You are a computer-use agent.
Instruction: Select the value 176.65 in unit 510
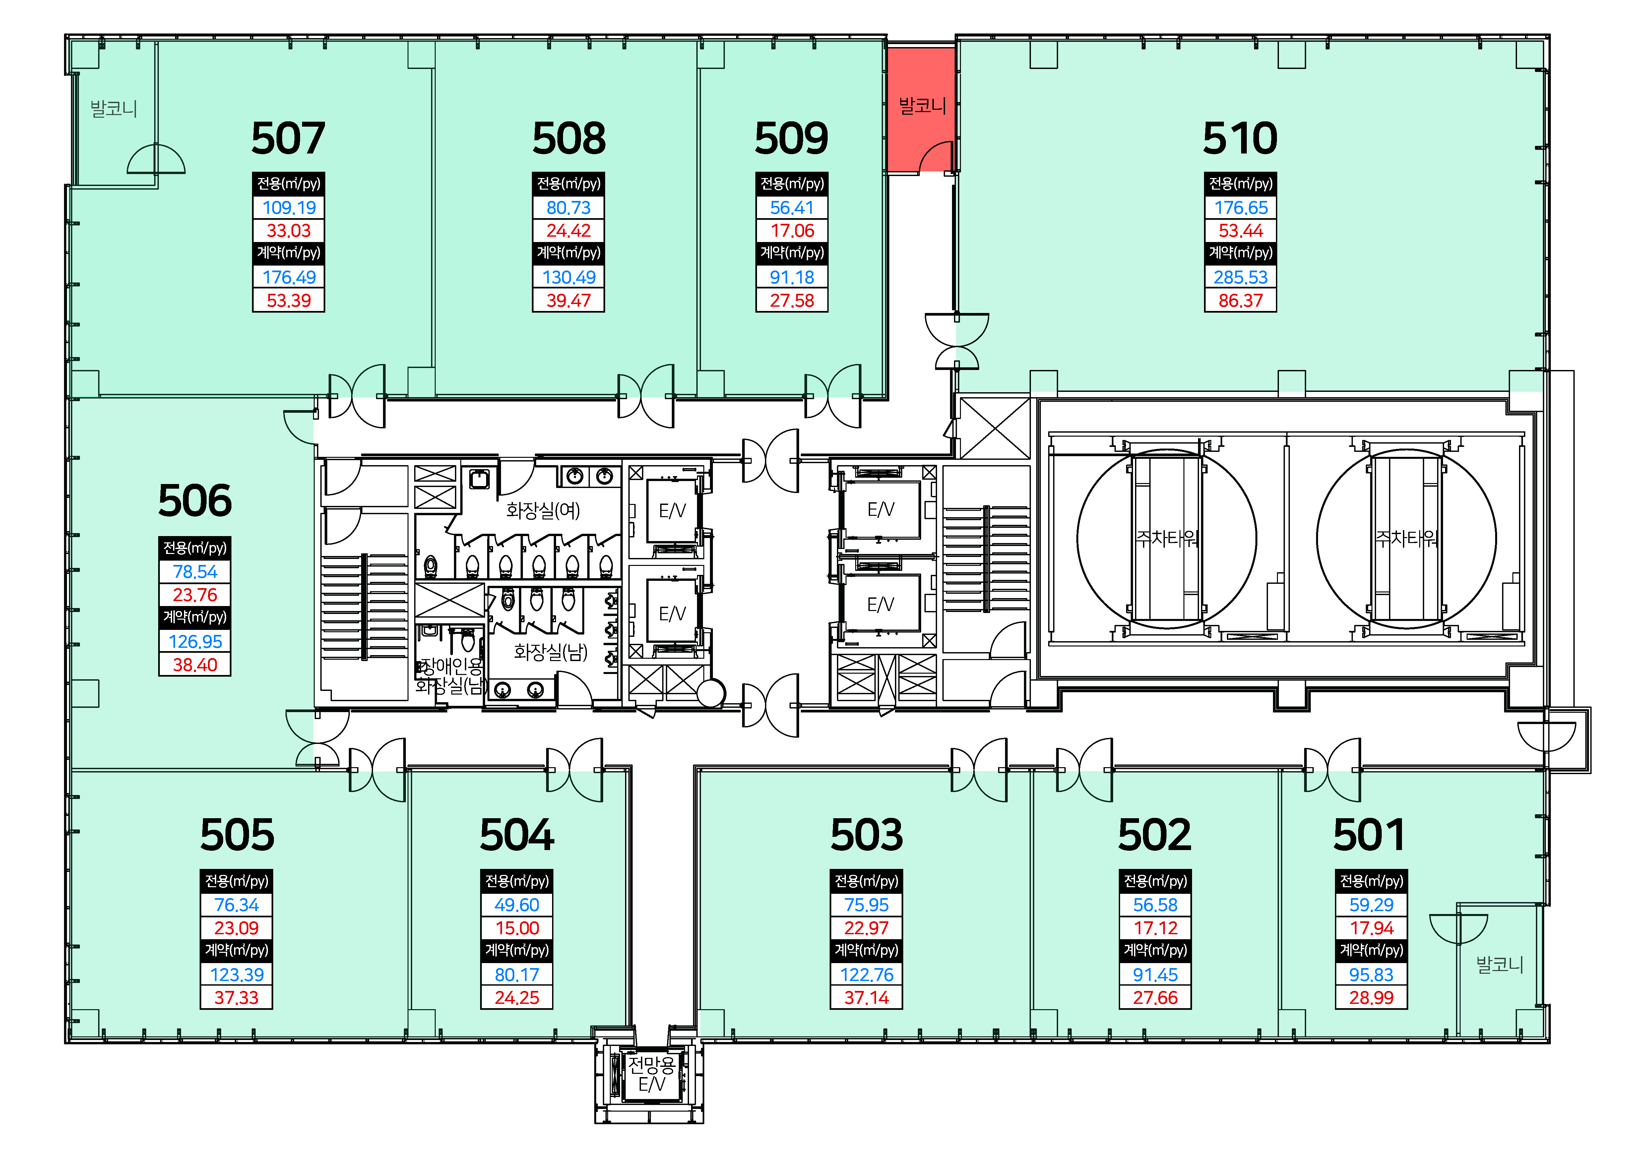tap(1240, 208)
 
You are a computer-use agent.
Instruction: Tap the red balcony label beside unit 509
tap(922, 106)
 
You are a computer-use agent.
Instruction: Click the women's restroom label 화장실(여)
tap(542, 511)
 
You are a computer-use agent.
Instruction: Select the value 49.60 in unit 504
tap(517, 905)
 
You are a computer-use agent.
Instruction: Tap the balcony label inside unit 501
tap(1499, 965)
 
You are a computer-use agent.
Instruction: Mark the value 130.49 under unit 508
tap(568, 277)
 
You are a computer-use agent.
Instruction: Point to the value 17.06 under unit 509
tap(792, 231)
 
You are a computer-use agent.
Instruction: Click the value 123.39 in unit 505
tap(236, 975)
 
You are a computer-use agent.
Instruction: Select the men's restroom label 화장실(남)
tap(550, 652)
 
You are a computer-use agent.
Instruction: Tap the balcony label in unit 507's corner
tap(113, 109)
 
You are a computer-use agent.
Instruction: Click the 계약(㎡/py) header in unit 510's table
tap(1240, 253)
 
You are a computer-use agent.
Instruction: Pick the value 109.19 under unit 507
tap(289, 208)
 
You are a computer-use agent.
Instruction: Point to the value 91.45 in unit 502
tap(1155, 975)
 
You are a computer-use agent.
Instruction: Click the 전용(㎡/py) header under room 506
tap(195, 548)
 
